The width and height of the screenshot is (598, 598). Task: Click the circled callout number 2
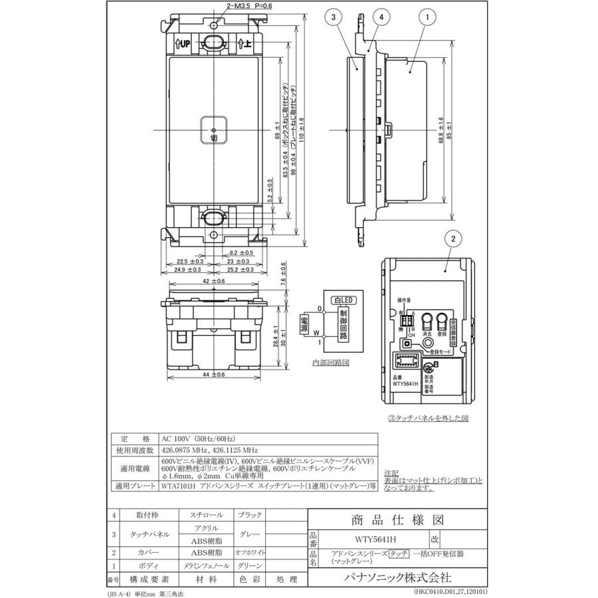point(451,238)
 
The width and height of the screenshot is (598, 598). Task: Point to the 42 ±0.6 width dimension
point(214,281)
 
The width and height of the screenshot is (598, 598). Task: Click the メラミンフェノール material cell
point(203,565)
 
